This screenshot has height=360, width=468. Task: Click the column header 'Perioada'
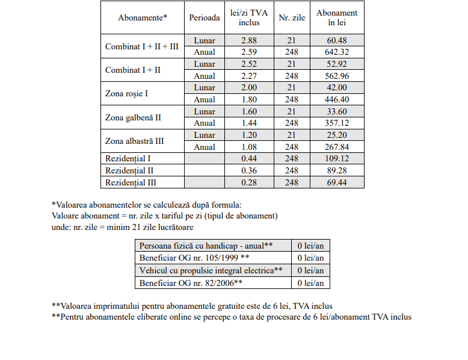click(x=205, y=18)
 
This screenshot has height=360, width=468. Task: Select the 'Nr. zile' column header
click(x=292, y=18)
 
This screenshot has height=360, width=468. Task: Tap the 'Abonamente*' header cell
click(x=142, y=18)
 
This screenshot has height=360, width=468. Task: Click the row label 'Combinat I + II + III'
click(x=142, y=46)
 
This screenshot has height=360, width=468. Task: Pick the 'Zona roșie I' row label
click(x=126, y=93)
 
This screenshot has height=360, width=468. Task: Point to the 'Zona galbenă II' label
click(x=133, y=117)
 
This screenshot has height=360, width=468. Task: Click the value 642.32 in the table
click(x=337, y=52)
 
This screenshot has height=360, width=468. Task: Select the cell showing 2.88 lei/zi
click(x=249, y=40)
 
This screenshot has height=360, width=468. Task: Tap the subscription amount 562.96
click(x=337, y=76)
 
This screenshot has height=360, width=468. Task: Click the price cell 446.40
click(x=337, y=99)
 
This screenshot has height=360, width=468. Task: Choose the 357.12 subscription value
click(x=337, y=123)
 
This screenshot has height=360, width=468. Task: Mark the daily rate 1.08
click(x=249, y=147)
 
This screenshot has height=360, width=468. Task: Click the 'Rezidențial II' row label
click(x=129, y=170)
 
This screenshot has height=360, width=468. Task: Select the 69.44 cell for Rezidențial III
click(x=337, y=182)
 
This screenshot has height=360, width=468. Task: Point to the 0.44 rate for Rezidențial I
click(x=249, y=158)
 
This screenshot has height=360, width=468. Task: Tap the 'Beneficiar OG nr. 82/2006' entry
click(x=191, y=282)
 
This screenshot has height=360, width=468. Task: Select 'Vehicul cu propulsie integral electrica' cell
click(x=211, y=270)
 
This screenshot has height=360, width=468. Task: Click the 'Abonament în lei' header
click(x=337, y=18)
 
